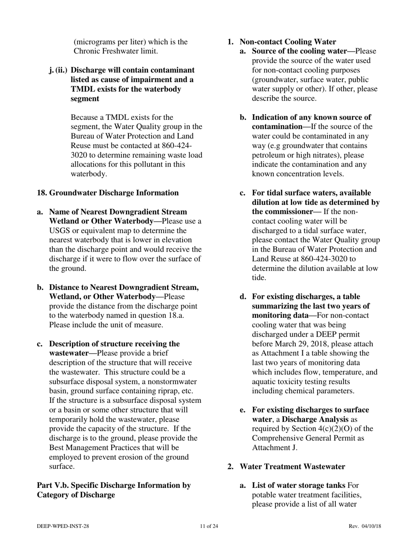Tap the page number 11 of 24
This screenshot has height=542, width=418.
[209, 526]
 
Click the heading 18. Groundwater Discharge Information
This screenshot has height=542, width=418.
[108, 193]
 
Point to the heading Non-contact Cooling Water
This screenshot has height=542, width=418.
[288, 42]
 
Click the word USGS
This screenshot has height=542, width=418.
[59, 230]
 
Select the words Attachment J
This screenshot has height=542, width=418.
[275, 448]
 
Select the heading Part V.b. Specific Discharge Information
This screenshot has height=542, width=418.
[114, 485]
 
